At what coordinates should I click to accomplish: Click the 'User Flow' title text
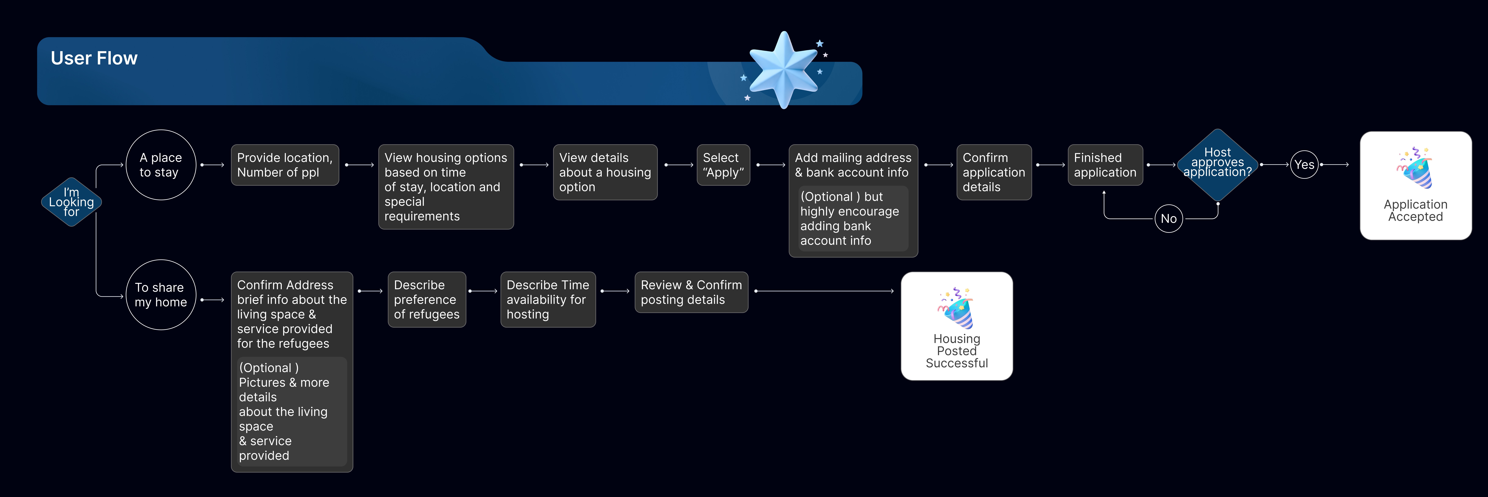[x=94, y=58]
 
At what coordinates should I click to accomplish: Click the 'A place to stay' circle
[x=161, y=165]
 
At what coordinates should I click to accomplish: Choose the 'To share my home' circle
[x=161, y=295]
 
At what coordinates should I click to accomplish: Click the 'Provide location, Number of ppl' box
[x=285, y=165]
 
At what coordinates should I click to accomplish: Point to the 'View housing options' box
[x=445, y=187]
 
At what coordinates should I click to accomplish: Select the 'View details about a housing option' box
[x=605, y=172]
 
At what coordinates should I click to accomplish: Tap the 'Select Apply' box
[x=723, y=165]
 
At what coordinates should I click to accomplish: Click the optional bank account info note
[x=853, y=219]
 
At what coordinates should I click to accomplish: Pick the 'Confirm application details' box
[x=994, y=172]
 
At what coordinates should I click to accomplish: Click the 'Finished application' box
[x=1104, y=165]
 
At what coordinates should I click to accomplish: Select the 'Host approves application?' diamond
[x=1218, y=165]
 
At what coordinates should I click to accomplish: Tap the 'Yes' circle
[x=1304, y=165]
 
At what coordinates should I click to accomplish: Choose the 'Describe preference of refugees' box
[x=426, y=299]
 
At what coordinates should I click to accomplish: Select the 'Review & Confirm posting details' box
[x=691, y=292]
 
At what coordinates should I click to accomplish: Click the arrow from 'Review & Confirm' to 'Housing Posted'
[x=824, y=291]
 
